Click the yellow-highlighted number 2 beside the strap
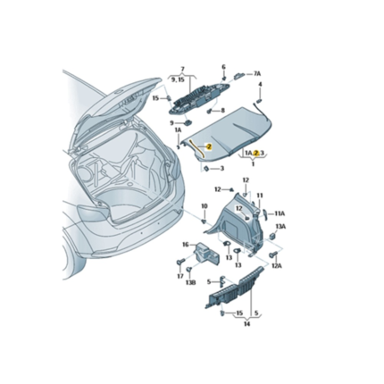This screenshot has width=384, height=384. (208, 145)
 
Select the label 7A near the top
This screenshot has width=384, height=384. (257, 74)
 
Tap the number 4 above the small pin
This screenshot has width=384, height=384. (261, 85)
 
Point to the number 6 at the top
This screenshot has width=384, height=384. (223, 66)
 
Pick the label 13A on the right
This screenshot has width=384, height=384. (280, 228)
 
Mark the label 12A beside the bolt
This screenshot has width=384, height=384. (277, 265)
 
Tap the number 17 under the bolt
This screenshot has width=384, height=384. (179, 277)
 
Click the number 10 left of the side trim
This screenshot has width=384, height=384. (205, 206)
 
